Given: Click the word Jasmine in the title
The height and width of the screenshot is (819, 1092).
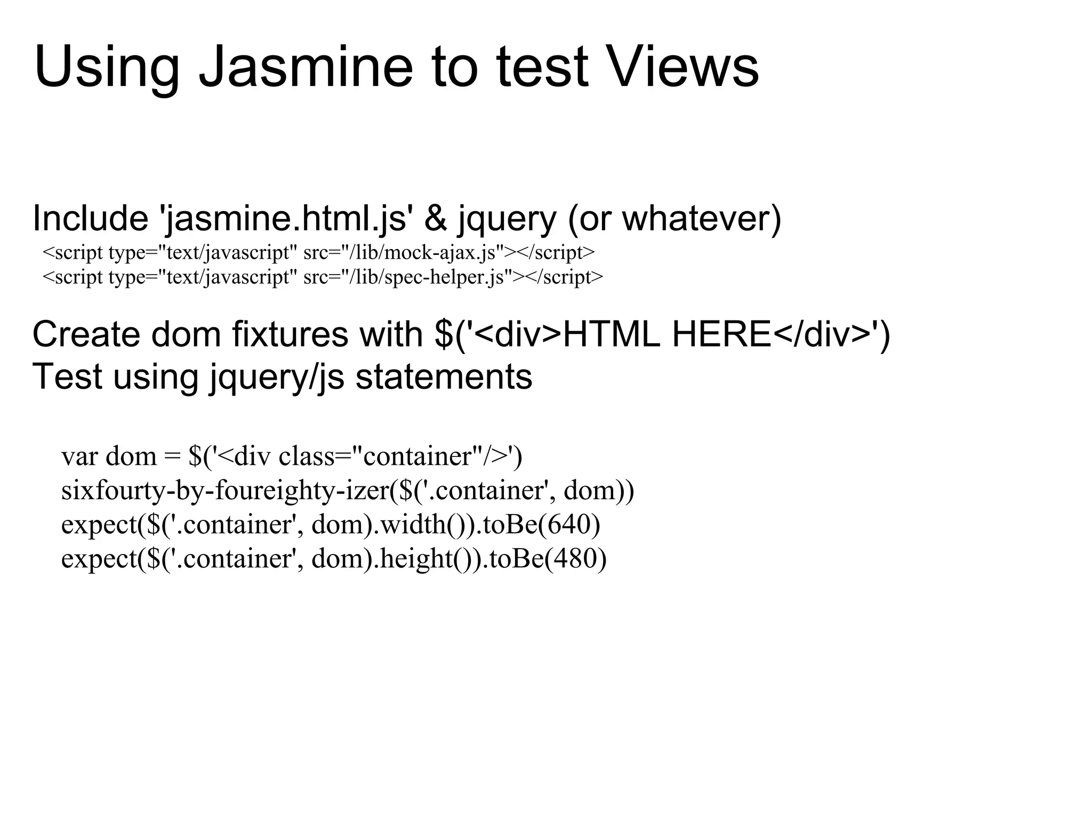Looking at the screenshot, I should tap(306, 68).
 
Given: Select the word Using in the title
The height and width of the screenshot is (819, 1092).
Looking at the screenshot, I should tap(107, 68).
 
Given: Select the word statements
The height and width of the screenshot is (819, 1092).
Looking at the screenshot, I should tap(444, 376).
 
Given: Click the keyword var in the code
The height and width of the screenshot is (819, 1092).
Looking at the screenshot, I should tap(79, 456).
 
